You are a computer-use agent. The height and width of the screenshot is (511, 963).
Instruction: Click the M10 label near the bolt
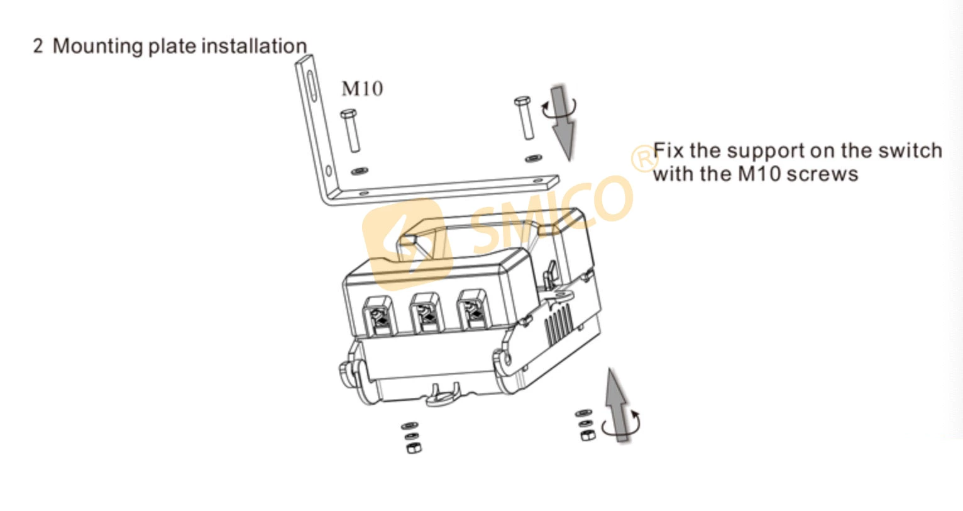point(361,89)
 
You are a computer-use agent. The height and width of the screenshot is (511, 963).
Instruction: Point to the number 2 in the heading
point(38,47)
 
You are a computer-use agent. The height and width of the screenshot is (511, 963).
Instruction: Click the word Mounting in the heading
point(97,47)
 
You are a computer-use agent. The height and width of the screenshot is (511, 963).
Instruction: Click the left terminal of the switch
point(380,315)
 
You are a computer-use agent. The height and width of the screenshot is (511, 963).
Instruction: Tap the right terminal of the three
point(472,311)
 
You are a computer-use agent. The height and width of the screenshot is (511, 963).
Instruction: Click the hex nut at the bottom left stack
point(413,448)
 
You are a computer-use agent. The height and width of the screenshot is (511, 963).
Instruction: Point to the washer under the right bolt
point(534,158)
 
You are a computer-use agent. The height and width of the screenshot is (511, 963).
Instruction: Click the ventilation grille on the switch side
point(558,325)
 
